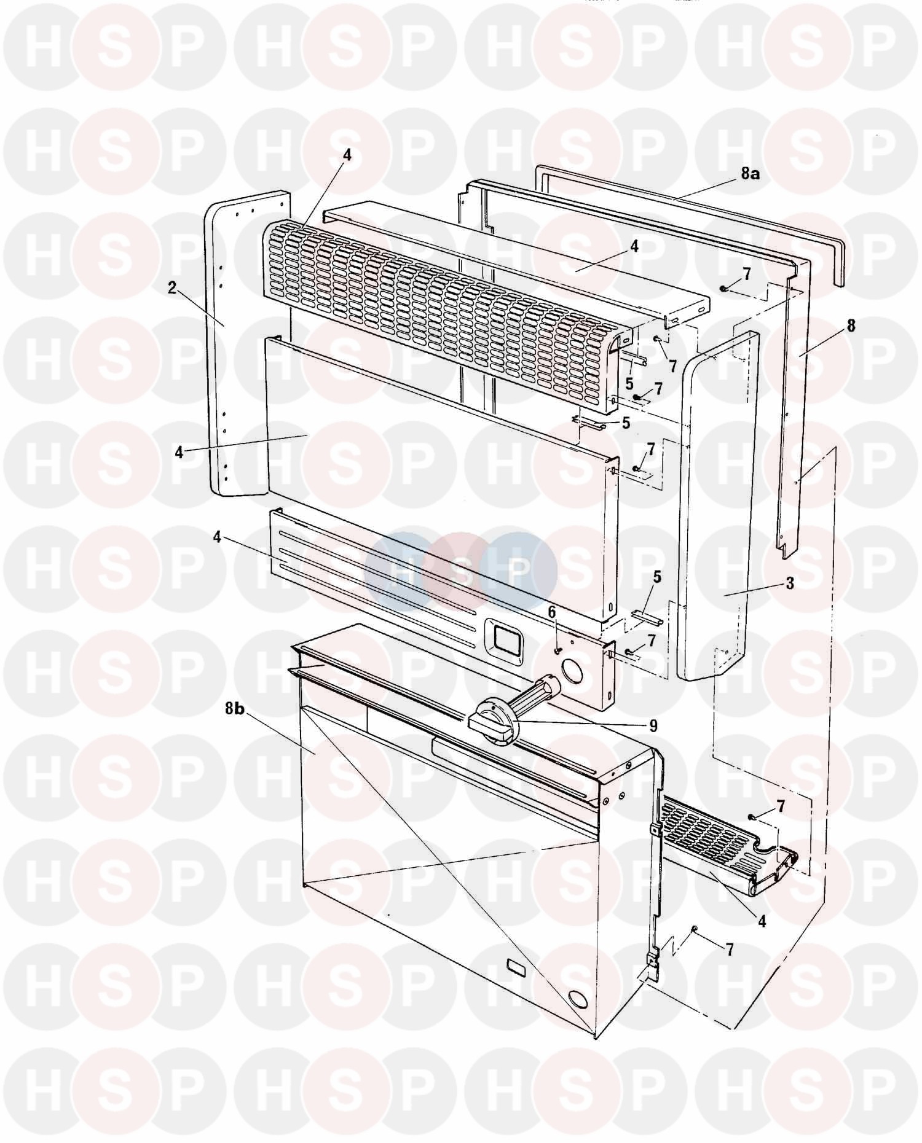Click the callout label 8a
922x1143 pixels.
pos(750,174)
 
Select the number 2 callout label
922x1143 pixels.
pos(173,288)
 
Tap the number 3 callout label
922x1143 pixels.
pos(790,583)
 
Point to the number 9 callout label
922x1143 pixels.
pos(653,726)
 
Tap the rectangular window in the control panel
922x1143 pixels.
pos(504,641)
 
